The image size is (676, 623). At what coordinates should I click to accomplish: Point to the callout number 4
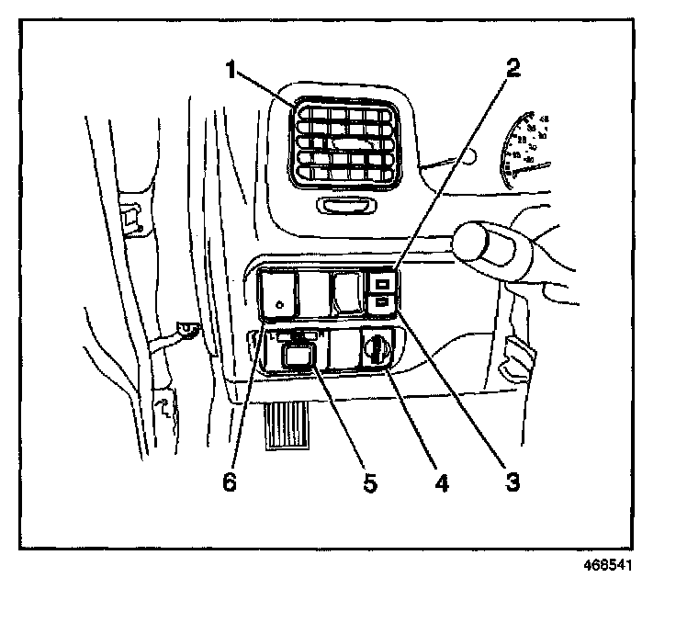point(441,481)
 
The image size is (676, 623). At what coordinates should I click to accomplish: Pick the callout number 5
point(369,481)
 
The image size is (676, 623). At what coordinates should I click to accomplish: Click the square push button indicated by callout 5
point(298,355)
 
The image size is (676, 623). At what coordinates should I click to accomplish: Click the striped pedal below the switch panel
point(289,425)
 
